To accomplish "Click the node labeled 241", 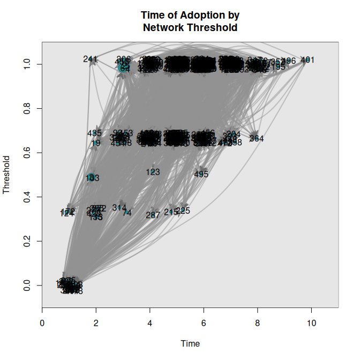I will click(x=91, y=59).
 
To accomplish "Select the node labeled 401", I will click(x=307, y=60).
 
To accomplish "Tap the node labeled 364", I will click(x=257, y=139).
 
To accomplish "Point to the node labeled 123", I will click(x=153, y=172).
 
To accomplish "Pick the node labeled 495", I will click(x=201, y=174).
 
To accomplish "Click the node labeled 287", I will click(x=153, y=215).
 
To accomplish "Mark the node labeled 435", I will click(x=94, y=133).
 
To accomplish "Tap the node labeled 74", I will click(x=127, y=213).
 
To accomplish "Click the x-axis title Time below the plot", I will click(x=190, y=343).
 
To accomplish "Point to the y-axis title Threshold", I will click(x=7, y=175).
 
